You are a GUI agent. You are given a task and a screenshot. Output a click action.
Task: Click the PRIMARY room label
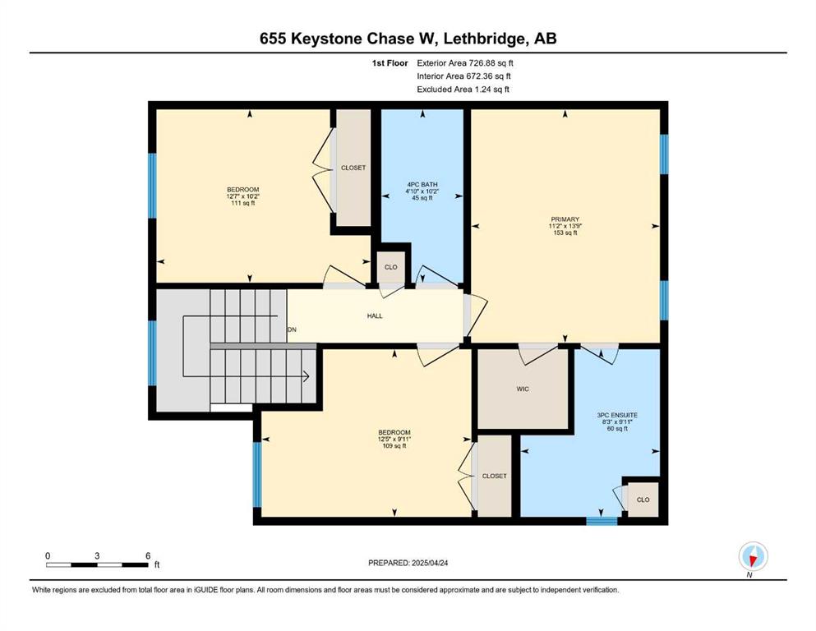[565, 219]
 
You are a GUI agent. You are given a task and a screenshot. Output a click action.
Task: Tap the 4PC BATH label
[422, 185]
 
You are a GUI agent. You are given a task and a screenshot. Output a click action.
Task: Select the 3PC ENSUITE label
[617, 415]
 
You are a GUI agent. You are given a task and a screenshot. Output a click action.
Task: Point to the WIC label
[523, 389]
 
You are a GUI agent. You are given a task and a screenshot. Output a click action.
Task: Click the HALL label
[375, 315]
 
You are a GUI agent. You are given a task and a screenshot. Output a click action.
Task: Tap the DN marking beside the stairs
[293, 329]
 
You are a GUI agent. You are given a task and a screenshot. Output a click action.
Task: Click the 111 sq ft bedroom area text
[243, 204]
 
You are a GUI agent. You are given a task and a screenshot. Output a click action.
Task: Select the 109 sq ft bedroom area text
[394, 446]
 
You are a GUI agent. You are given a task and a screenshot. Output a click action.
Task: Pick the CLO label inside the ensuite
[643, 500]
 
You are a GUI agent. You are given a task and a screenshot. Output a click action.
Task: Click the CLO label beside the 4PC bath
[391, 267]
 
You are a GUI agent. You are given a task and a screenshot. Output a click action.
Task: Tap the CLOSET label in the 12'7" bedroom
[353, 168]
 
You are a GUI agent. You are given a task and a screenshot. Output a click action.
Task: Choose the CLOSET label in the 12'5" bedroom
[495, 476]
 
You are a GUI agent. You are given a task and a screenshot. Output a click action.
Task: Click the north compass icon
[753, 556]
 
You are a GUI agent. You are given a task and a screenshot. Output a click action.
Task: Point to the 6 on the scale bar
[148, 555]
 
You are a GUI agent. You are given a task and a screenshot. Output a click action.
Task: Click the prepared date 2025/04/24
[430, 563]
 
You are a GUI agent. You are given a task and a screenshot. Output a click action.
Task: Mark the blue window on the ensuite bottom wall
[602, 521]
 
